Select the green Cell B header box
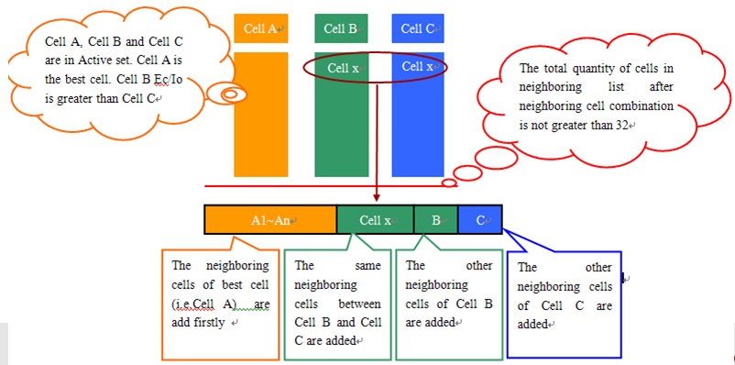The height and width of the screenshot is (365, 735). point(341,28)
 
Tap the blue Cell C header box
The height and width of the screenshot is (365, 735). point(418,28)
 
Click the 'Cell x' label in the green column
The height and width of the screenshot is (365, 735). point(343,67)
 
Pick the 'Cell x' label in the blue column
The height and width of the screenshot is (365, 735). point(418,66)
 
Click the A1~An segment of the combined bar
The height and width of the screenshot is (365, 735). point(270,220)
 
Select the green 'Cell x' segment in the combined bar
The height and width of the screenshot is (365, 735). point(376,220)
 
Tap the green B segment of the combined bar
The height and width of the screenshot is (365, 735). point(436,220)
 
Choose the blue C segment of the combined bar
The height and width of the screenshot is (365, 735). point(480,220)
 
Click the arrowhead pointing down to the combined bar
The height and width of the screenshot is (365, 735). point(377,197)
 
